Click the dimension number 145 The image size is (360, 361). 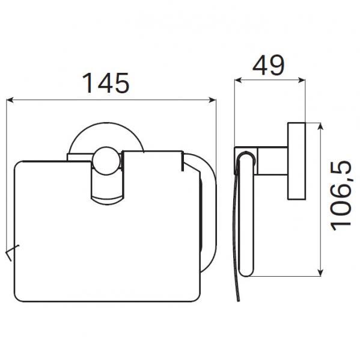tap(106, 83)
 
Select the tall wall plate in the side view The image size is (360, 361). tap(297, 162)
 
